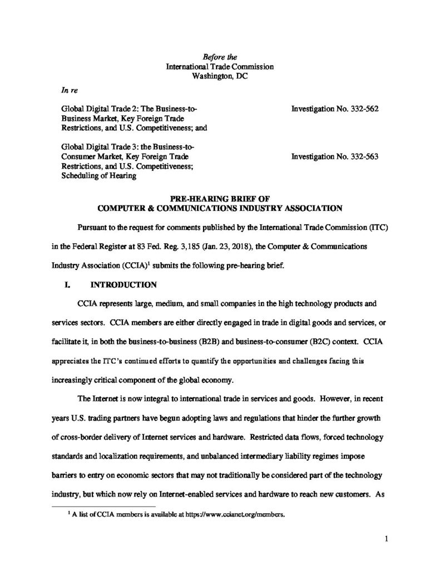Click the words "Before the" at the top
[219, 56]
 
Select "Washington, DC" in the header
[220, 77]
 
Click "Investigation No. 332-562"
[335, 110]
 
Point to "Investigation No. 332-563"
[335, 156]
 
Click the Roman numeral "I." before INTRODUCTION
[68, 286]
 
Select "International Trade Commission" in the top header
[220, 67]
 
